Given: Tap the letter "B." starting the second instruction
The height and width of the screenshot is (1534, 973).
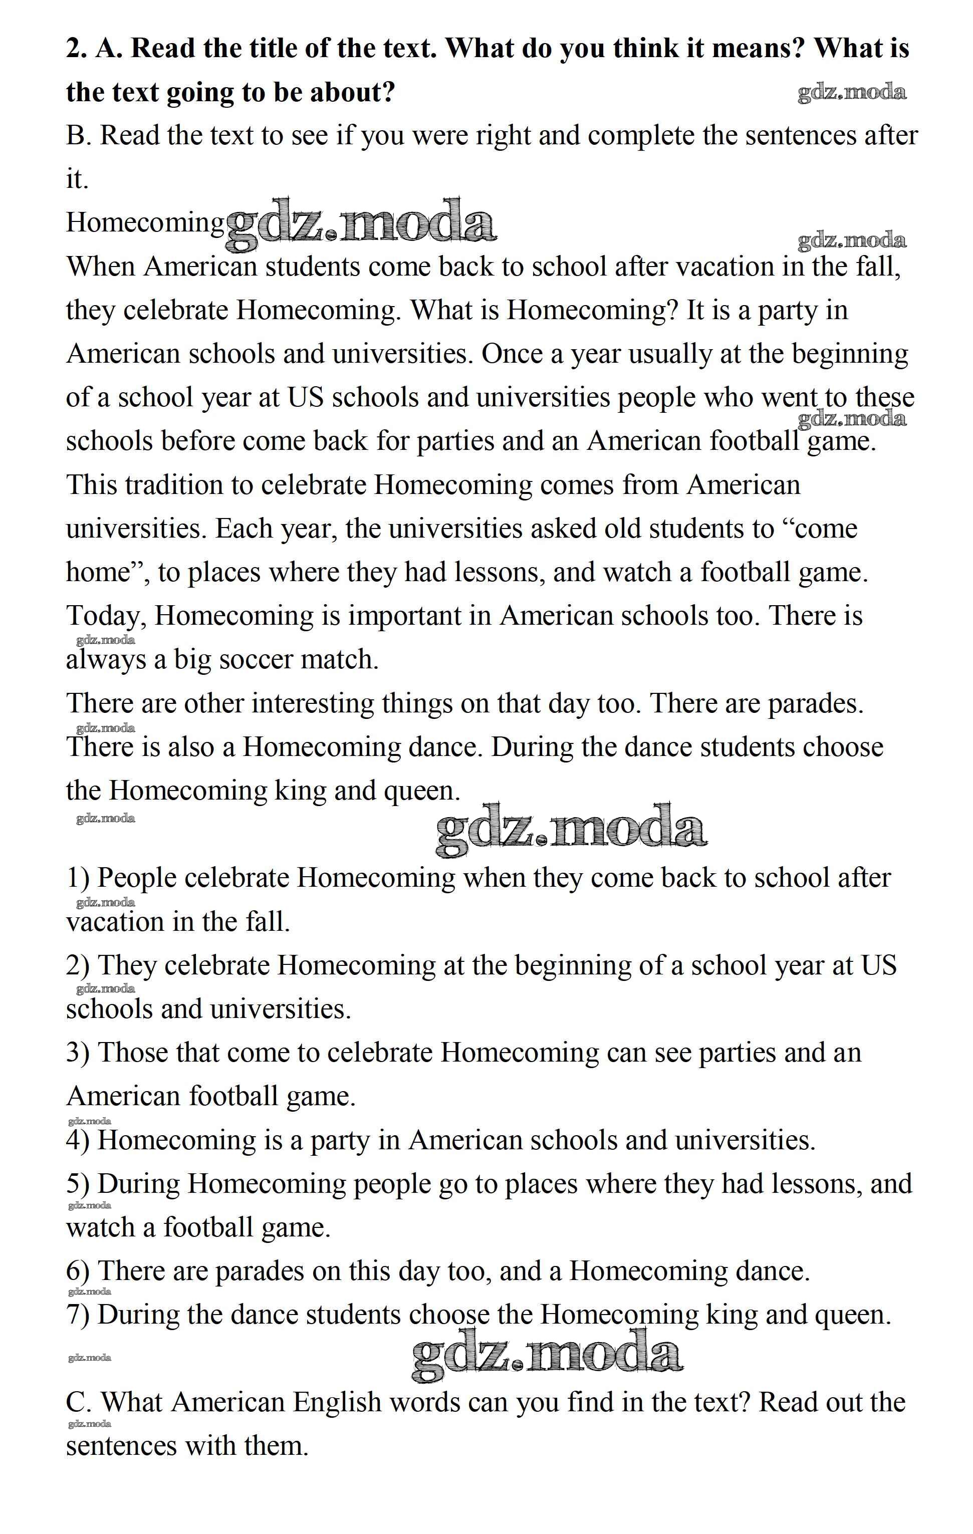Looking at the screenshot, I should pyautogui.click(x=79, y=136).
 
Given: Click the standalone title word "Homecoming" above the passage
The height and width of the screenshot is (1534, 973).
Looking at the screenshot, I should pyautogui.click(x=145, y=223).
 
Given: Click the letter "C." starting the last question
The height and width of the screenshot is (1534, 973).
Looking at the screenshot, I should pyautogui.click(x=80, y=1403).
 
